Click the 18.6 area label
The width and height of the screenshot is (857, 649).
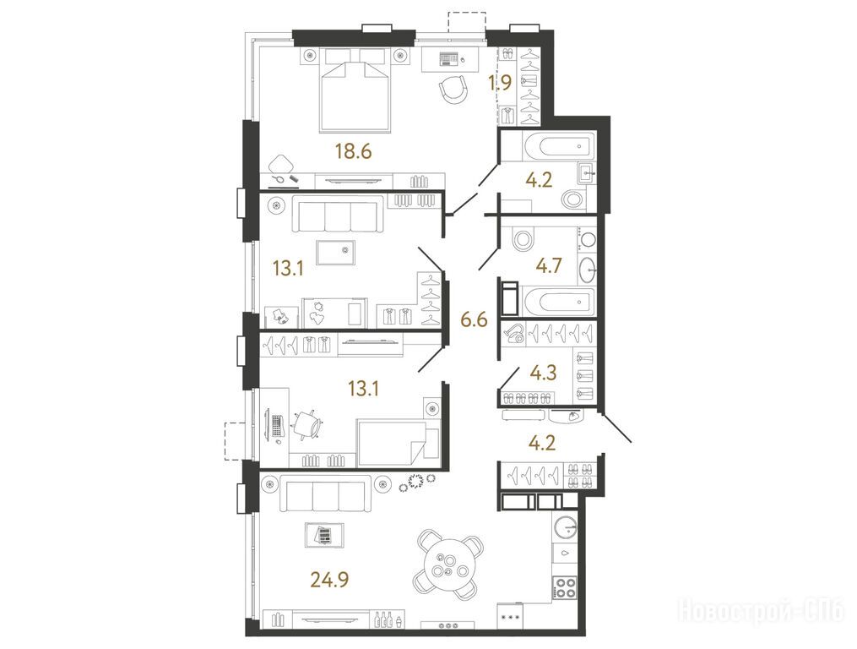click(354, 150)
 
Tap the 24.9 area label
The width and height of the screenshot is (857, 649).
click(329, 578)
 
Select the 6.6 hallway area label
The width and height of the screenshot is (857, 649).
click(474, 319)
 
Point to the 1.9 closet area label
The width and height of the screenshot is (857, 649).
click(500, 83)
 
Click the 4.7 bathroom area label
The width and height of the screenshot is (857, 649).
click(549, 265)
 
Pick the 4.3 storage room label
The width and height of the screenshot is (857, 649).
click(543, 373)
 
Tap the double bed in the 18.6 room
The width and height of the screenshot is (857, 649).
click(355, 90)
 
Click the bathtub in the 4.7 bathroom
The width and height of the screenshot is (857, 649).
click(558, 302)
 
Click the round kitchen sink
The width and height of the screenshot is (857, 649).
click(565, 528)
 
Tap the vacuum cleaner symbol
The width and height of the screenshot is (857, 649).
click(514, 333)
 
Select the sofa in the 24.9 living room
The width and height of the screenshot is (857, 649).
click(325, 494)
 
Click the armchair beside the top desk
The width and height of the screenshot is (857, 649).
click(453, 89)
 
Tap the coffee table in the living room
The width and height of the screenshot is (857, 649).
click(325, 535)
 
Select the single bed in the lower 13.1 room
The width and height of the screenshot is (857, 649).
click(398, 439)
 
